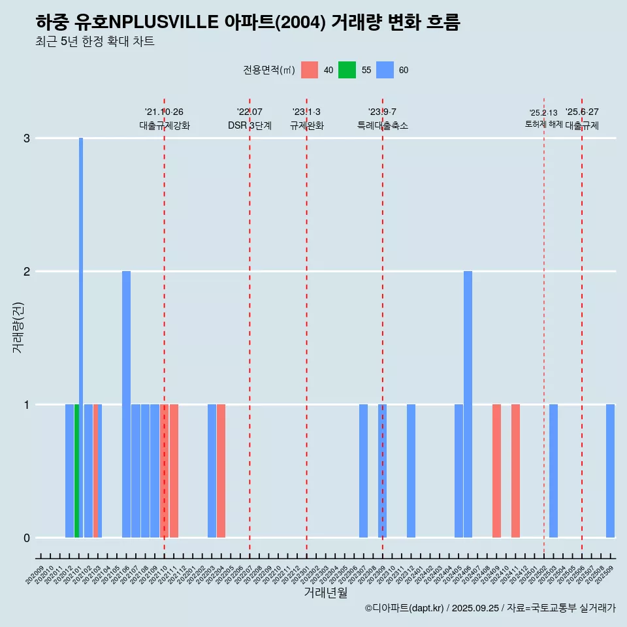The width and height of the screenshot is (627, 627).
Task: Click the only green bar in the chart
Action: tap(76, 470)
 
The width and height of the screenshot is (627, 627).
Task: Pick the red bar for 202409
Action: tap(496, 470)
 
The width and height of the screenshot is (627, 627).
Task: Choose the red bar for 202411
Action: tap(515, 470)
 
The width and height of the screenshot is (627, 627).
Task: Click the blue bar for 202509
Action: tap(610, 470)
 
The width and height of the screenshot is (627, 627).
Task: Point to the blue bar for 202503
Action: tap(553, 470)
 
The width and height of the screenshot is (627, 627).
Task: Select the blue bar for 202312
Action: tap(411, 470)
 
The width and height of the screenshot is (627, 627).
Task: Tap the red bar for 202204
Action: tap(221, 470)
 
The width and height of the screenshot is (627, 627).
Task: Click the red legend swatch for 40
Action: tap(310, 70)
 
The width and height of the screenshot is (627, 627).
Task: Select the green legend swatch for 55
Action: tap(347, 70)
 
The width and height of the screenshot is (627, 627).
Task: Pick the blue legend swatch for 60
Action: tap(385, 70)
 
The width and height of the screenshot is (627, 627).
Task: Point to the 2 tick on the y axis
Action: tap(27, 271)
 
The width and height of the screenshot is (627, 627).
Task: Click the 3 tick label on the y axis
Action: tap(27, 138)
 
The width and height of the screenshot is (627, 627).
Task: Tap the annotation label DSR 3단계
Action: tap(249, 125)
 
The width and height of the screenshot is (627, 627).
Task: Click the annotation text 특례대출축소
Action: tap(382, 125)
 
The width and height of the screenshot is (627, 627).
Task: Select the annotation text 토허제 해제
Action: tap(543, 123)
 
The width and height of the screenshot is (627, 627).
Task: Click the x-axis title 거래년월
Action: tap(325, 592)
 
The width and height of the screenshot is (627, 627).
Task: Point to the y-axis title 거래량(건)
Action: tap(18, 327)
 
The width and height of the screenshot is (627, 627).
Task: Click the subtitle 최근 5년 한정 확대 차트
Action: tap(95, 42)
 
